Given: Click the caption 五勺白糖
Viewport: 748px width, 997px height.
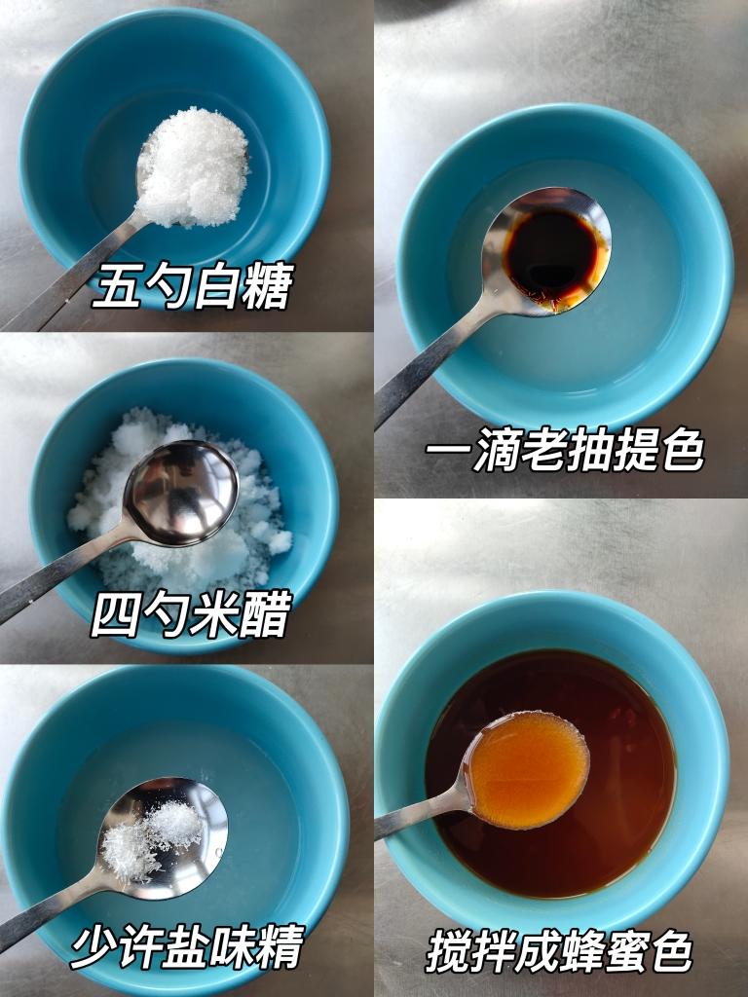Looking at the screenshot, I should (192, 287).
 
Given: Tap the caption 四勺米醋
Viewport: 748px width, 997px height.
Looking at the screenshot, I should (192, 616).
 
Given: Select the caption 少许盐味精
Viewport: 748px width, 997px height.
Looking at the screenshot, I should (187, 946).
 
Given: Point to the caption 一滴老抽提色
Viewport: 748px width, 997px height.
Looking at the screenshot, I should (564, 452).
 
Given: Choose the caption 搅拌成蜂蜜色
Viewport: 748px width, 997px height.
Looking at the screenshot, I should (559, 951).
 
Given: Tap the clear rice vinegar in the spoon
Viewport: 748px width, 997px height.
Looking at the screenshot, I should (180, 492).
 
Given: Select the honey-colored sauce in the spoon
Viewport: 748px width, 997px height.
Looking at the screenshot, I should (528, 769).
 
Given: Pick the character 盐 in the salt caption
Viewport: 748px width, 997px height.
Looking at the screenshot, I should (187, 946).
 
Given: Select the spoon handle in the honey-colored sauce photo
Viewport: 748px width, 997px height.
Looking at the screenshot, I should (414, 816).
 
